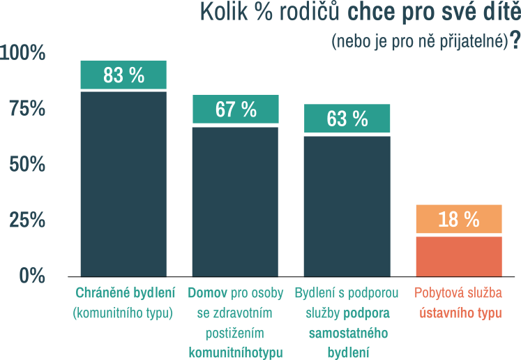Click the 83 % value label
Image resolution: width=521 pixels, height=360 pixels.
click(x=123, y=75)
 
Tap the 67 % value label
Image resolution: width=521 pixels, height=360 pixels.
click(x=236, y=110)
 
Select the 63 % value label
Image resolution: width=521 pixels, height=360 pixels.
click(x=347, y=119)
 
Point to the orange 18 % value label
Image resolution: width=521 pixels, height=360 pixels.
click(x=459, y=220)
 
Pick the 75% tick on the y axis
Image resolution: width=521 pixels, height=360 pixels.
click(x=27, y=109)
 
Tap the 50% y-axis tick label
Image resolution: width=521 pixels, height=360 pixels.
click(x=27, y=165)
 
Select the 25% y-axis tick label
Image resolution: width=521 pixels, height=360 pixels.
click(x=27, y=220)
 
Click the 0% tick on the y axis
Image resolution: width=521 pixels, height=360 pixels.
click(x=32, y=276)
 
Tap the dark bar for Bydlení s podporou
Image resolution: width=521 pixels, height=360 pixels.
click(x=347, y=205)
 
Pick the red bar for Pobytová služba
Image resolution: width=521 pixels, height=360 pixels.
click(x=459, y=255)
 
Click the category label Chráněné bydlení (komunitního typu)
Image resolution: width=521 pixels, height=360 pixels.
click(x=123, y=302)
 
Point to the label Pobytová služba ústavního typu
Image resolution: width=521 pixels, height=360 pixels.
click(x=459, y=302)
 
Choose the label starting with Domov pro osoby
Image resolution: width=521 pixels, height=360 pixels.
click(x=236, y=322)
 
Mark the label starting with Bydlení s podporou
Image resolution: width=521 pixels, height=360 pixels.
click(x=347, y=322)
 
